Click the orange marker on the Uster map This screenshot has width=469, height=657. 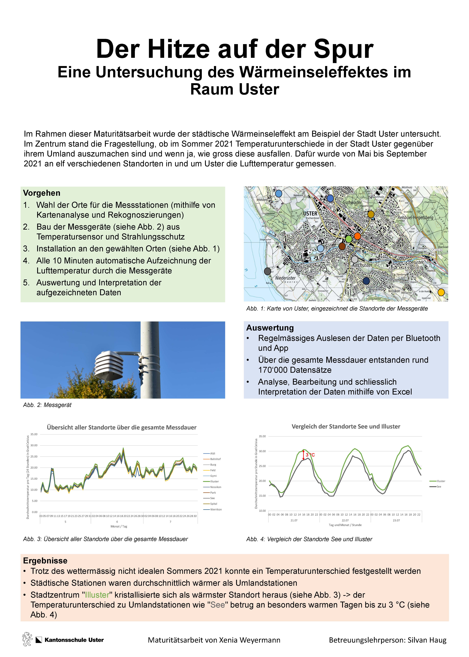[357, 236]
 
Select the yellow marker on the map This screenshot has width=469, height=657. [441, 292]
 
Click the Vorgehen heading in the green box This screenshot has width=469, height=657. [42, 193]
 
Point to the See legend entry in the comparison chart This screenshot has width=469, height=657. [439, 487]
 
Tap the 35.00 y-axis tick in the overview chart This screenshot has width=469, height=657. [34, 434]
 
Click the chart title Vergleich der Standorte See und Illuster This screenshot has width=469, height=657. [346, 426]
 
